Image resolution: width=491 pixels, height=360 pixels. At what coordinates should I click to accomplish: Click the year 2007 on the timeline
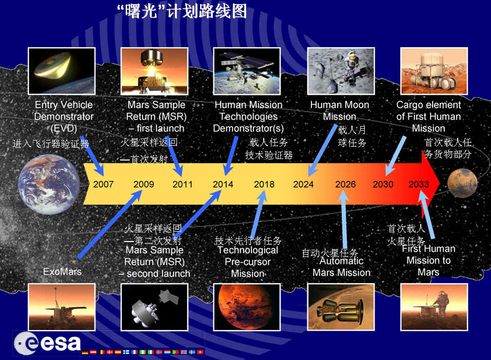103,185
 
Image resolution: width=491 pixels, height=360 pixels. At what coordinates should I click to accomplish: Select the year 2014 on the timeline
223,185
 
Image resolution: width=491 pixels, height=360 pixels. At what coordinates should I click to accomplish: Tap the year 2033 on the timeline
419,185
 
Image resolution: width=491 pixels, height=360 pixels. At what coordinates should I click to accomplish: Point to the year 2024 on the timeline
303,185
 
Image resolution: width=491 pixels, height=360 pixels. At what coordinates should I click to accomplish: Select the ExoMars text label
62,271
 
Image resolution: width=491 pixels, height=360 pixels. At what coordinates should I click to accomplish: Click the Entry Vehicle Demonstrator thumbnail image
62,71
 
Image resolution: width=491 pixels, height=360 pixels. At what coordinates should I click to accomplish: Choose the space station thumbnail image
247,71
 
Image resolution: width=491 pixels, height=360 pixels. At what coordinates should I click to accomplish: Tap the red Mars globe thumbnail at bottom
247,306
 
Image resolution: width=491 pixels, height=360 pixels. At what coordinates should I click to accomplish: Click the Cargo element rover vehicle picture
434,71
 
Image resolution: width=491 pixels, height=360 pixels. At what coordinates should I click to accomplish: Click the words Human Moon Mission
340,111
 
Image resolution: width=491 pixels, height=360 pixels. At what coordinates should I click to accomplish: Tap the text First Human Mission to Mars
428,260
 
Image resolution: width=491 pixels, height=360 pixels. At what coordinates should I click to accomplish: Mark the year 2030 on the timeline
383,185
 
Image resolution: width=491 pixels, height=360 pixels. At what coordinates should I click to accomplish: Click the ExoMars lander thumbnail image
62,306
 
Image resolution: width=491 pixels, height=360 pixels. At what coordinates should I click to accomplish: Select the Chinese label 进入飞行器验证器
51,144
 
